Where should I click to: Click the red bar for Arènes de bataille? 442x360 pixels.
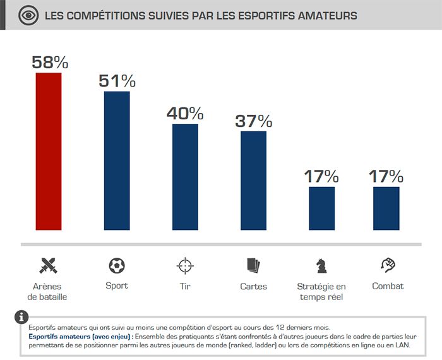[x=49, y=152]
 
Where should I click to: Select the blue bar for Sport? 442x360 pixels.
[x=117, y=161]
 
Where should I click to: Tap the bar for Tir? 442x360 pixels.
[x=185, y=177]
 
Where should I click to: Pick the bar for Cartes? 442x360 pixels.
[x=253, y=181]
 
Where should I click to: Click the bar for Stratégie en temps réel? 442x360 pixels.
[x=321, y=208]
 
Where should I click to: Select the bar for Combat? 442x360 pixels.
[x=386, y=208]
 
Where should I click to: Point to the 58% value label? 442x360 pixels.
[x=49, y=63]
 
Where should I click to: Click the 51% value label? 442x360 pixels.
[x=117, y=81]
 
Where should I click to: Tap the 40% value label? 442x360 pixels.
[x=185, y=114]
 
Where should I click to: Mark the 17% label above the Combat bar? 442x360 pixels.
[x=386, y=176]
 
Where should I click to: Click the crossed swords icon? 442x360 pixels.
[x=49, y=265]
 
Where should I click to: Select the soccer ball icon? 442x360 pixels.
[x=117, y=265]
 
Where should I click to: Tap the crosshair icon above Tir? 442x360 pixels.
[x=185, y=265]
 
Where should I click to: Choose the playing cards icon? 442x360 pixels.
[x=253, y=265]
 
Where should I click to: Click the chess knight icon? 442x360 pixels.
[x=321, y=265]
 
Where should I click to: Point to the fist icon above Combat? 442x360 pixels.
[x=388, y=264]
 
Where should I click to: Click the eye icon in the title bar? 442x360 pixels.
[x=28, y=15]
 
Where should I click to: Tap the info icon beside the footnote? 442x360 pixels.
[x=21, y=316]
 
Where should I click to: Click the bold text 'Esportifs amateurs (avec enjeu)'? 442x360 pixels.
[x=80, y=337]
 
